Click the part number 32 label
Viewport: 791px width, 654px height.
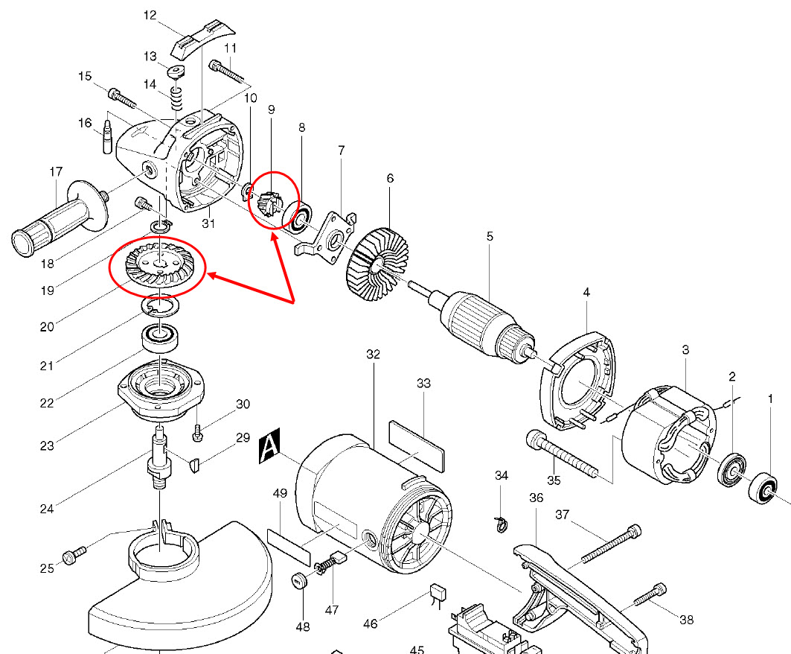[373, 355]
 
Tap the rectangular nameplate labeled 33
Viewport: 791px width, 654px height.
[417, 444]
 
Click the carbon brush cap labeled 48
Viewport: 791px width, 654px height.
[301, 580]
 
